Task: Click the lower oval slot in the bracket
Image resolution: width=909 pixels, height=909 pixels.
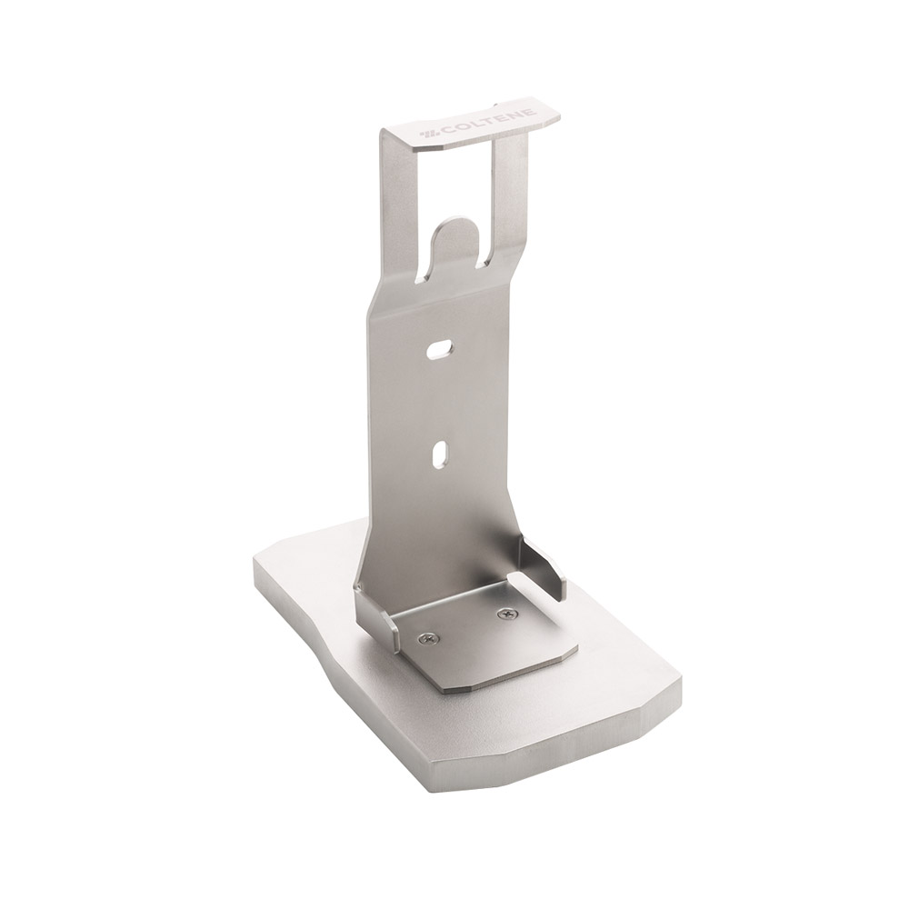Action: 441,452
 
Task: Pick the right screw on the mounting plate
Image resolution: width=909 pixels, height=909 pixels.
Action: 505,614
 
